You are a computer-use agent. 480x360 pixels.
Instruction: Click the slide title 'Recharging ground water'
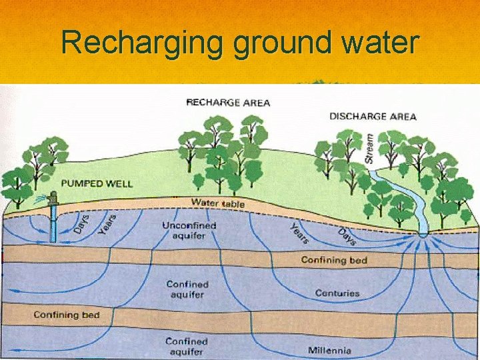240,43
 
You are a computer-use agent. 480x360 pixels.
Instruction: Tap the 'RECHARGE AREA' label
228,103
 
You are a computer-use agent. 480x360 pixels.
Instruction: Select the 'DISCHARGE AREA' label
373,117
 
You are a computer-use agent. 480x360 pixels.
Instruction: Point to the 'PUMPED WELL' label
97,183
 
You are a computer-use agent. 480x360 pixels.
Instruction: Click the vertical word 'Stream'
369,148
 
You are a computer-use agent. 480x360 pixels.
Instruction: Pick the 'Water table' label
218,203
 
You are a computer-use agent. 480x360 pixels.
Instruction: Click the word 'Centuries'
337,293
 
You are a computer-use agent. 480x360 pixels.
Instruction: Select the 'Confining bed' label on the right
333,260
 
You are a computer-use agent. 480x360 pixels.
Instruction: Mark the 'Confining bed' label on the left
66,315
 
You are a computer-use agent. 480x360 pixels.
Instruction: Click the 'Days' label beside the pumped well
80,224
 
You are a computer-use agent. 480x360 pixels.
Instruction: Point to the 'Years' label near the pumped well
107,224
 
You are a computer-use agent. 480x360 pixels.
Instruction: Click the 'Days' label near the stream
347,237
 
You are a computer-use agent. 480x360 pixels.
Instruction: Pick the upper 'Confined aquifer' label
188,289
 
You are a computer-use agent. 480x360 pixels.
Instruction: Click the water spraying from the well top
41,197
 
